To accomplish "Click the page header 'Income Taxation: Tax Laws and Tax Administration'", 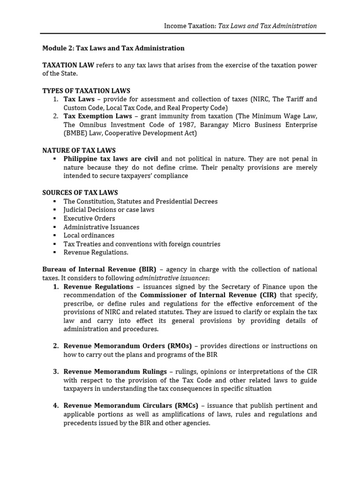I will [240, 26].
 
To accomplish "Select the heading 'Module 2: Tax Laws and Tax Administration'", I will [113, 48].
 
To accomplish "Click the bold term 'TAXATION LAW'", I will [68, 65].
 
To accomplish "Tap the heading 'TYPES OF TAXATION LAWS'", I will [86, 91].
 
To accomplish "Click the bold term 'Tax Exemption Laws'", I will [97, 116].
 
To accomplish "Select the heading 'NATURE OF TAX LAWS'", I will [79, 150].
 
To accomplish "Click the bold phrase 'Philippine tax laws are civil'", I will [111, 159].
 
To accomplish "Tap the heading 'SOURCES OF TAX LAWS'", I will [80, 193].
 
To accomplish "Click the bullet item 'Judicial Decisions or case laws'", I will [109, 210].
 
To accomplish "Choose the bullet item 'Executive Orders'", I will [89, 218].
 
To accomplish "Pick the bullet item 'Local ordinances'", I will [89, 235].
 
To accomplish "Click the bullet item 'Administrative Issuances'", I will [101, 227].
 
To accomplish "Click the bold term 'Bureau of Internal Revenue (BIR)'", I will [99, 270].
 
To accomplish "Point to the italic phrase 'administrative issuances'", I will [172, 278].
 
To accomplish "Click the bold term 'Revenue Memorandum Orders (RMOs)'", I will [127, 346].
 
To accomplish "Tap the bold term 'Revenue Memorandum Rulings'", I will [115, 372].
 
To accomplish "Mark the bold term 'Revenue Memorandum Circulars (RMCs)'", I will [131, 405].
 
